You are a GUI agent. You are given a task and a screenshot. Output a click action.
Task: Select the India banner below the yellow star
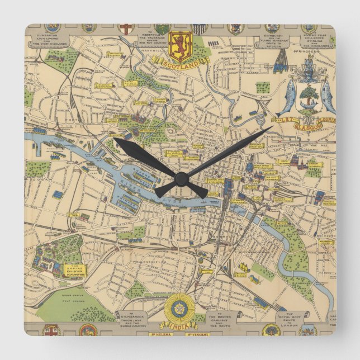(x=180, y=324)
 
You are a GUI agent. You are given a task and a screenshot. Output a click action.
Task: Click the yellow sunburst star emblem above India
(x=180, y=306)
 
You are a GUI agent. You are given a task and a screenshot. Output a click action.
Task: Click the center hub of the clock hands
(x=180, y=178)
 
